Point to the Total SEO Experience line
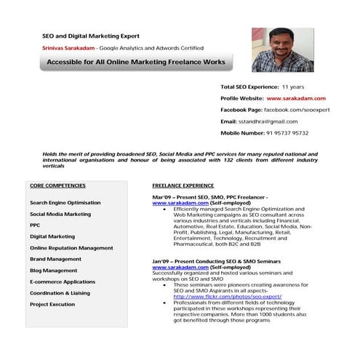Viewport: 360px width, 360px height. pyautogui.click(x=263, y=87)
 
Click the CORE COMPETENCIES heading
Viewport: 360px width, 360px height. pyautogui.click(x=57, y=185)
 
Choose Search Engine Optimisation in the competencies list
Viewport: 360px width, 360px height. pyautogui.click(x=70, y=203)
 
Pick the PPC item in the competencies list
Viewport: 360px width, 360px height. pyautogui.click(x=35, y=225)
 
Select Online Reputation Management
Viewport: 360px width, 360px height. pyautogui.click(x=71, y=248)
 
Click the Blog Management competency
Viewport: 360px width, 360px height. pyautogui.click(x=53, y=271)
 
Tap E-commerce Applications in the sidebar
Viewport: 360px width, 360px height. pyautogui.click(x=62, y=281)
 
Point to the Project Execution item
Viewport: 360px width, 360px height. pyautogui.click(x=52, y=304)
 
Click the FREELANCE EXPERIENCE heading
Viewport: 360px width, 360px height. pyautogui.click(x=183, y=185)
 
